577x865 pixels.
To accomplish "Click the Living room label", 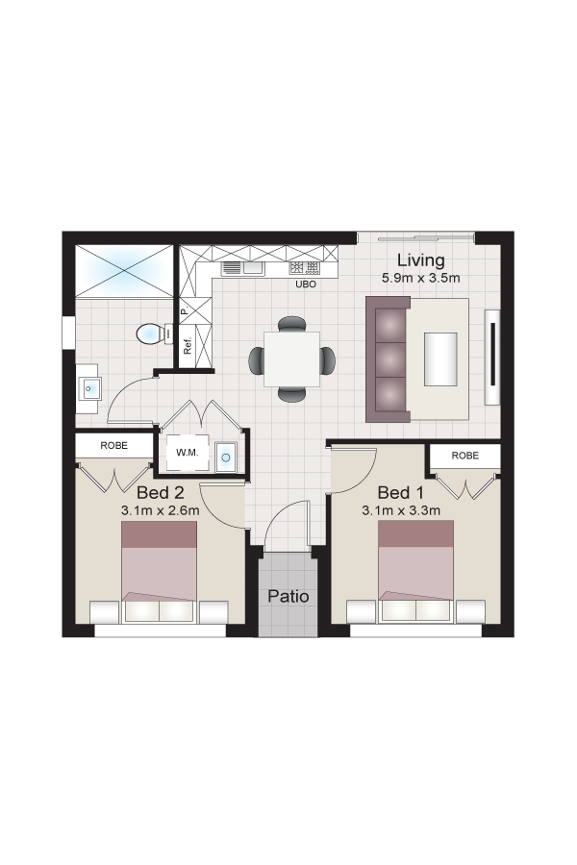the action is [x=421, y=260].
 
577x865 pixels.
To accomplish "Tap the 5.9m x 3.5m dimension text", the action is [x=421, y=278].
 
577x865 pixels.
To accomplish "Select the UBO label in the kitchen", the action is [x=306, y=284].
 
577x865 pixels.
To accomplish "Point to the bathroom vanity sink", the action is [x=89, y=388].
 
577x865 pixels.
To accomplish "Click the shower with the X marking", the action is [x=125, y=271].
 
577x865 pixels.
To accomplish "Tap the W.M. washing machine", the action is [x=188, y=453].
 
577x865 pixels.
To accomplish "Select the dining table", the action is [x=291, y=359].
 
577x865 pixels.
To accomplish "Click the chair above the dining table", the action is [x=291, y=324].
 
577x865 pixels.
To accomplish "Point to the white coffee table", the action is [x=440, y=359].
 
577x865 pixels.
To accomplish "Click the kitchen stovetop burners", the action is [x=304, y=268].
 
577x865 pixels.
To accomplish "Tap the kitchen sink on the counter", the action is [x=242, y=269].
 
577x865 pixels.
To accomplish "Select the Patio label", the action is [x=288, y=596].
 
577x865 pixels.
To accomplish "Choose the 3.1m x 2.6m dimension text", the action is [x=161, y=511].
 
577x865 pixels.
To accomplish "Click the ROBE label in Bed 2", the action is [x=113, y=445].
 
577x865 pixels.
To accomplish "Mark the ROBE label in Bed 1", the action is [x=464, y=456].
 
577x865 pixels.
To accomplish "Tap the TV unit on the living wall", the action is [x=492, y=357].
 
